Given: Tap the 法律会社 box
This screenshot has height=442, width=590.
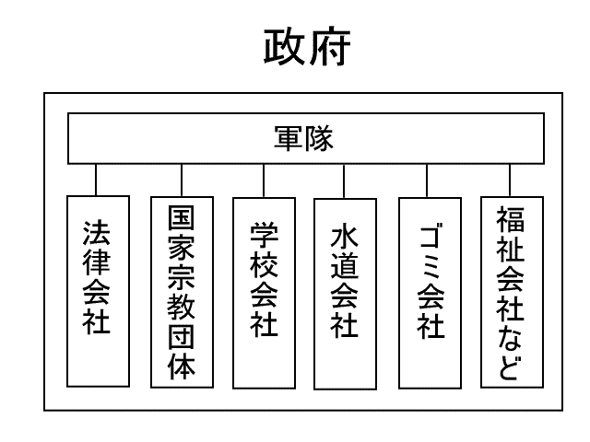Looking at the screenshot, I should [x=97, y=290].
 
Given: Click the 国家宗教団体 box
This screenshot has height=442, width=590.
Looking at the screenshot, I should [x=182, y=290].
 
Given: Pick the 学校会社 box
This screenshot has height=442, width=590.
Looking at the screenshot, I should [x=264, y=291].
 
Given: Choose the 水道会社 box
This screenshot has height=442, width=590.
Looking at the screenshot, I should [x=344, y=291].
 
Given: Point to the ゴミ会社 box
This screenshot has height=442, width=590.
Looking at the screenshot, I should [x=428, y=291].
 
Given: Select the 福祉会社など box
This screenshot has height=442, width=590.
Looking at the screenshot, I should [x=511, y=291].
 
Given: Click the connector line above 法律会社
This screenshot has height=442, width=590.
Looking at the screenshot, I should [x=97, y=179].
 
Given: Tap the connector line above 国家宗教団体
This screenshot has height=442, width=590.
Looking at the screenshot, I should [x=182, y=179].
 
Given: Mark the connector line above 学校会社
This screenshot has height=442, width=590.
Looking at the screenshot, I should [x=264, y=179].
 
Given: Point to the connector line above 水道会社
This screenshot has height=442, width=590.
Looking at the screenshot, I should [x=344, y=179].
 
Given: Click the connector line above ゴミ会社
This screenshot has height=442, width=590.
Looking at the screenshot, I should [x=428, y=179].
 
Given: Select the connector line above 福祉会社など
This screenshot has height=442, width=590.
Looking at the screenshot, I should [x=511, y=179].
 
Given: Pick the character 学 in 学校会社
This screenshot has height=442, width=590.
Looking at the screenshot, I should [x=264, y=234].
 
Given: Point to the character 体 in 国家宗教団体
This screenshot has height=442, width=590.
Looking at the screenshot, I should [x=182, y=366].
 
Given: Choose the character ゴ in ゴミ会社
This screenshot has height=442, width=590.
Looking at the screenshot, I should [x=428, y=238].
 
